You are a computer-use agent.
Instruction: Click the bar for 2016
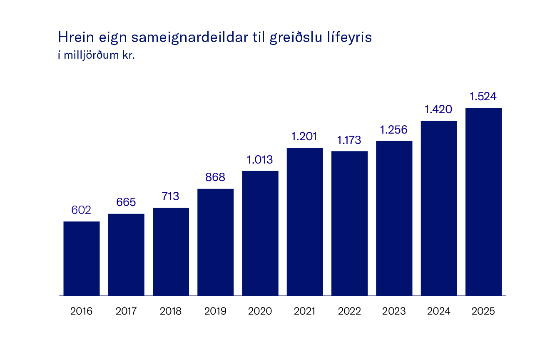pos(81,258)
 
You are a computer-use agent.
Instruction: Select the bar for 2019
pos(215,242)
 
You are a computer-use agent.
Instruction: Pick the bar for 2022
pos(349,223)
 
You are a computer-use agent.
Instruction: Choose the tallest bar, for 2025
pos(483,201)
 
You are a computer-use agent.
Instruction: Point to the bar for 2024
pos(438,208)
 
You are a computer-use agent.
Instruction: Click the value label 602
pos(81,210)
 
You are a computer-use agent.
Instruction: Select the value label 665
pos(126,202)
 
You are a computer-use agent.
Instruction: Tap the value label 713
pos(171,196)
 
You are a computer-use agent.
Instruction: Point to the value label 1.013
pos(260,159)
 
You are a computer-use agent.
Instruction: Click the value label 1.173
pos(349,140)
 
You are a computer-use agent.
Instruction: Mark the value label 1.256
pos(394,129)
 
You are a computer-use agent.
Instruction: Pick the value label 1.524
pos(483,97)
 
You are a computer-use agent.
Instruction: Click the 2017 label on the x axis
pos(126,311)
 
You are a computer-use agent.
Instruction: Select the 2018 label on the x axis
pos(171,311)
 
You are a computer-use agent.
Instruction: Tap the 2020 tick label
pos(260,311)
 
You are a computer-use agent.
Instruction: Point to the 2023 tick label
pos(394,311)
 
